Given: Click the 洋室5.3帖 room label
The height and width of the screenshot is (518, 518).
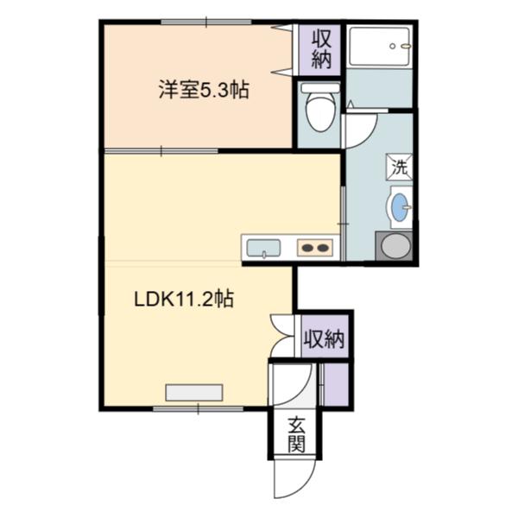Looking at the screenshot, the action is point(204,90).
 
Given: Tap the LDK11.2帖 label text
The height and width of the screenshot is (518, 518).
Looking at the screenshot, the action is point(184,299).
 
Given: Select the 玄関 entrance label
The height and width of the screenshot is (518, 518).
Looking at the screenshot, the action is point(296,435).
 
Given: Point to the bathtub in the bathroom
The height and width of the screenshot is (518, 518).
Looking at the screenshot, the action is point(379,47).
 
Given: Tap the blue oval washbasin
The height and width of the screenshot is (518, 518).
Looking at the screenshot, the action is point(400,206).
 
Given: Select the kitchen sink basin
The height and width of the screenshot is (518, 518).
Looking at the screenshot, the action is point(263,248).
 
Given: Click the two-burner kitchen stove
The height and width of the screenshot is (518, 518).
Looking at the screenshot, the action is point(315,248).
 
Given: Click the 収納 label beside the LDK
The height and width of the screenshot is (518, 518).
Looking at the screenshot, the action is point(325,338).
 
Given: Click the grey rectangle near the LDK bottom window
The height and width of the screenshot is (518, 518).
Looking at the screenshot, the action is point(194,393).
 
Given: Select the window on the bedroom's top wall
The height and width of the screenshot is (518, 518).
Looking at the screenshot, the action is point(206,22).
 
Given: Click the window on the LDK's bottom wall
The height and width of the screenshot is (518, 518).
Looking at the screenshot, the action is point(199,408).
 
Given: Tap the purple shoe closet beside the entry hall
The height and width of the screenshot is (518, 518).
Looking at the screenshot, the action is point(335,384).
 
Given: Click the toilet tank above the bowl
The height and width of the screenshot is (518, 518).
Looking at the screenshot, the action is point(319,88).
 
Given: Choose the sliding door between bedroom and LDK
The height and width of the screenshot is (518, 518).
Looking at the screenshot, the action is point(161,151).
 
